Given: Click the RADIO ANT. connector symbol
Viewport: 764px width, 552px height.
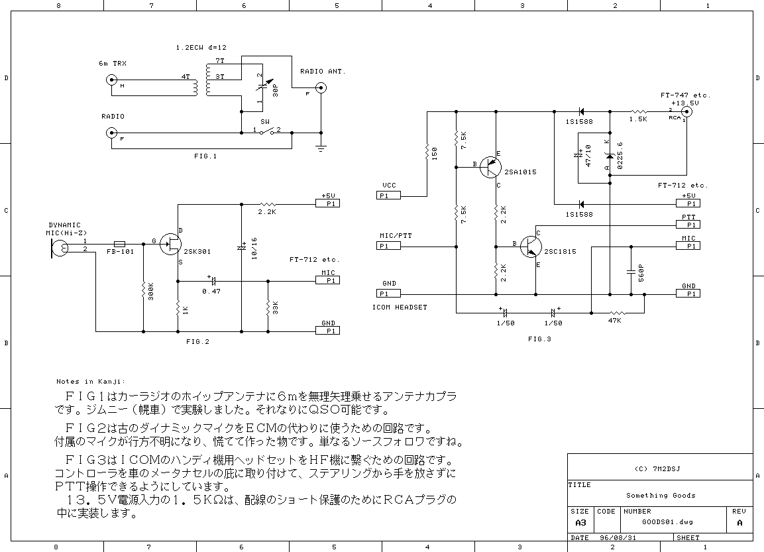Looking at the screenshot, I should point(321,87).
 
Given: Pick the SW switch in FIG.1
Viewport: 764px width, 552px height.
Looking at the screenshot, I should point(270,133).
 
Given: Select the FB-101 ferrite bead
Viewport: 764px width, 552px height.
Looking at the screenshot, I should point(121,243).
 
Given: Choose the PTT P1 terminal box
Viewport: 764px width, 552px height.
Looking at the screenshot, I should point(688,225).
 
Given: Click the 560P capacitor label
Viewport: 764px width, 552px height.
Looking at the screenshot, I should point(639,272).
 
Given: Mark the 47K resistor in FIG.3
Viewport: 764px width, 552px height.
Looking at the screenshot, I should point(618,312).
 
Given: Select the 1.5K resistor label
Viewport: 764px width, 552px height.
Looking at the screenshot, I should point(639,119).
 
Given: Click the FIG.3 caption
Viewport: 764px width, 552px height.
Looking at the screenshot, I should point(539,339).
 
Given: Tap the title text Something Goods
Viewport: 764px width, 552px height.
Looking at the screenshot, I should point(661,495).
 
